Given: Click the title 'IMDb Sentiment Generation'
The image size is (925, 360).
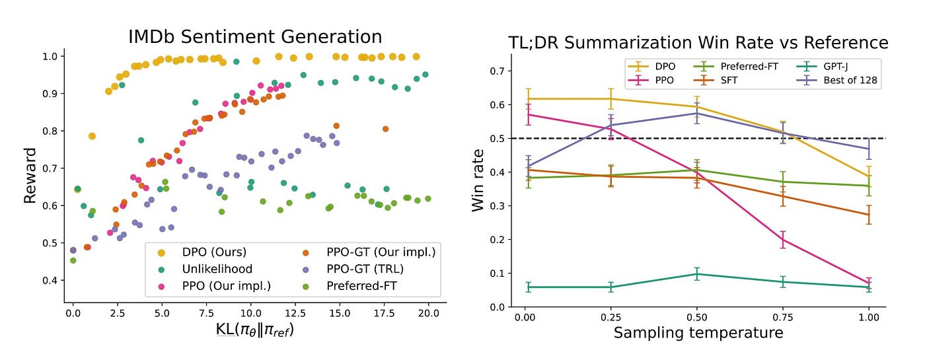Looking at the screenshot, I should [255, 36].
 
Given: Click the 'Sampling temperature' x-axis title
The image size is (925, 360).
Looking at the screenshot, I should [698, 332].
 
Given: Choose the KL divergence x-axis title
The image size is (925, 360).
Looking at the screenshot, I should [254, 329].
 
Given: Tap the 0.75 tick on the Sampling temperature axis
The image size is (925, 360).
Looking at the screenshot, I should [782, 318].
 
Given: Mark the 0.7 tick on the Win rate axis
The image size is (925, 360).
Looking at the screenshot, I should [501, 71].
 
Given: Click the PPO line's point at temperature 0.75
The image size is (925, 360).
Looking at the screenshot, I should [782, 239].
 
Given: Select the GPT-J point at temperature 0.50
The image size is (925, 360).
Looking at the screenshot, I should [696, 273].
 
